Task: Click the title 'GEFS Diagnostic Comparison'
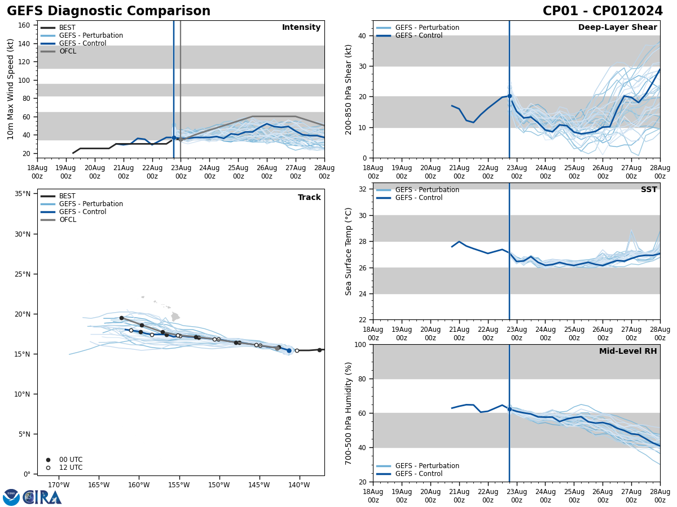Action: click(108, 11)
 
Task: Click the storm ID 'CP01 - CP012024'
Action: click(603, 11)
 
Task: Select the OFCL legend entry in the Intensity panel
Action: click(67, 51)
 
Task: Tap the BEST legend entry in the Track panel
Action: click(67, 196)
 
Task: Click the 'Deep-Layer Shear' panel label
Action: click(617, 28)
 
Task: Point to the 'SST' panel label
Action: click(649, 190)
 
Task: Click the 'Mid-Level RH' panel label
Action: click(628, 352)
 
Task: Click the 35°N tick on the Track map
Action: click(23, 194)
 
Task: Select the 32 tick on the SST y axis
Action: click(361, 189)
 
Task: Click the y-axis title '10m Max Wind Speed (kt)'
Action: click(11, 89)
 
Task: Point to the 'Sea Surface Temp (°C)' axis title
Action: click(349, 251)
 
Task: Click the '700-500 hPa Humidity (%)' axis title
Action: click(349, 413)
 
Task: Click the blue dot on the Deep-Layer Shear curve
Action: click(509, 96)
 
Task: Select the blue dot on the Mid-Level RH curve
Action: click(509, 409)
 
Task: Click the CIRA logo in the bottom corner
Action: click(33, 497)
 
